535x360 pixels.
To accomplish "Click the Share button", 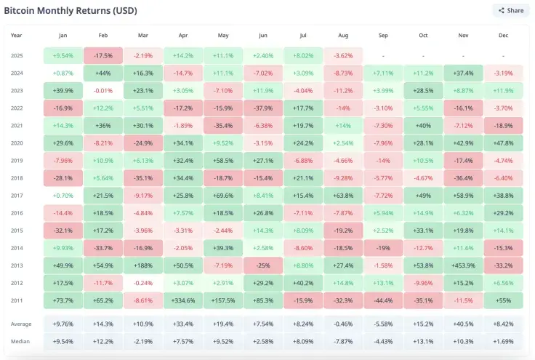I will click(510, 11).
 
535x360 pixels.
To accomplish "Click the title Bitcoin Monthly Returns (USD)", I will click(71, 11).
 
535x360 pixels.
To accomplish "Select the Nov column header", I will click(463, 35).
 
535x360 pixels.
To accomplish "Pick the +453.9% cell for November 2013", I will click(463, 265).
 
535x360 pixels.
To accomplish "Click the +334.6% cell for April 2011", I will click(182, 300).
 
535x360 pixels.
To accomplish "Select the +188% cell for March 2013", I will click(142, 265).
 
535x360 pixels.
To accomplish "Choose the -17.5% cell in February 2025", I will click(102, 56).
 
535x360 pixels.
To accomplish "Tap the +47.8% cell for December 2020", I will click(503, 143).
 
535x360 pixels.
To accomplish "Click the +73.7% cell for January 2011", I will click(63, 300).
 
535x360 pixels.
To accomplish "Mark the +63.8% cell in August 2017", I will click(343, 196).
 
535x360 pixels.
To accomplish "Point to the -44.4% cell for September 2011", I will click(383, 300).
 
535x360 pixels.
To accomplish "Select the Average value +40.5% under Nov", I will click(463, 324).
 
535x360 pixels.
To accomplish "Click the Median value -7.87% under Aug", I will click(343, 341).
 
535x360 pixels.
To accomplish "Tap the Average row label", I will click(21, 324).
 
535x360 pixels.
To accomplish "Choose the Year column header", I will click(17, 35).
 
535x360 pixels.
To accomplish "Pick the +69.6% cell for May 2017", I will click(222, 196).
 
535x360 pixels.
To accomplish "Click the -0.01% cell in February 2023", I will click(102, 91).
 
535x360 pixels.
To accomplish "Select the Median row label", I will click(20, 341).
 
